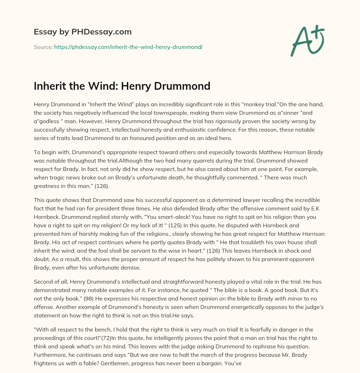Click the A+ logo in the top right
[307, 41]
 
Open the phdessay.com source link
[128, 47]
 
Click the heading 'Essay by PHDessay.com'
[83, 32]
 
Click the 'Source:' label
[43, 47]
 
